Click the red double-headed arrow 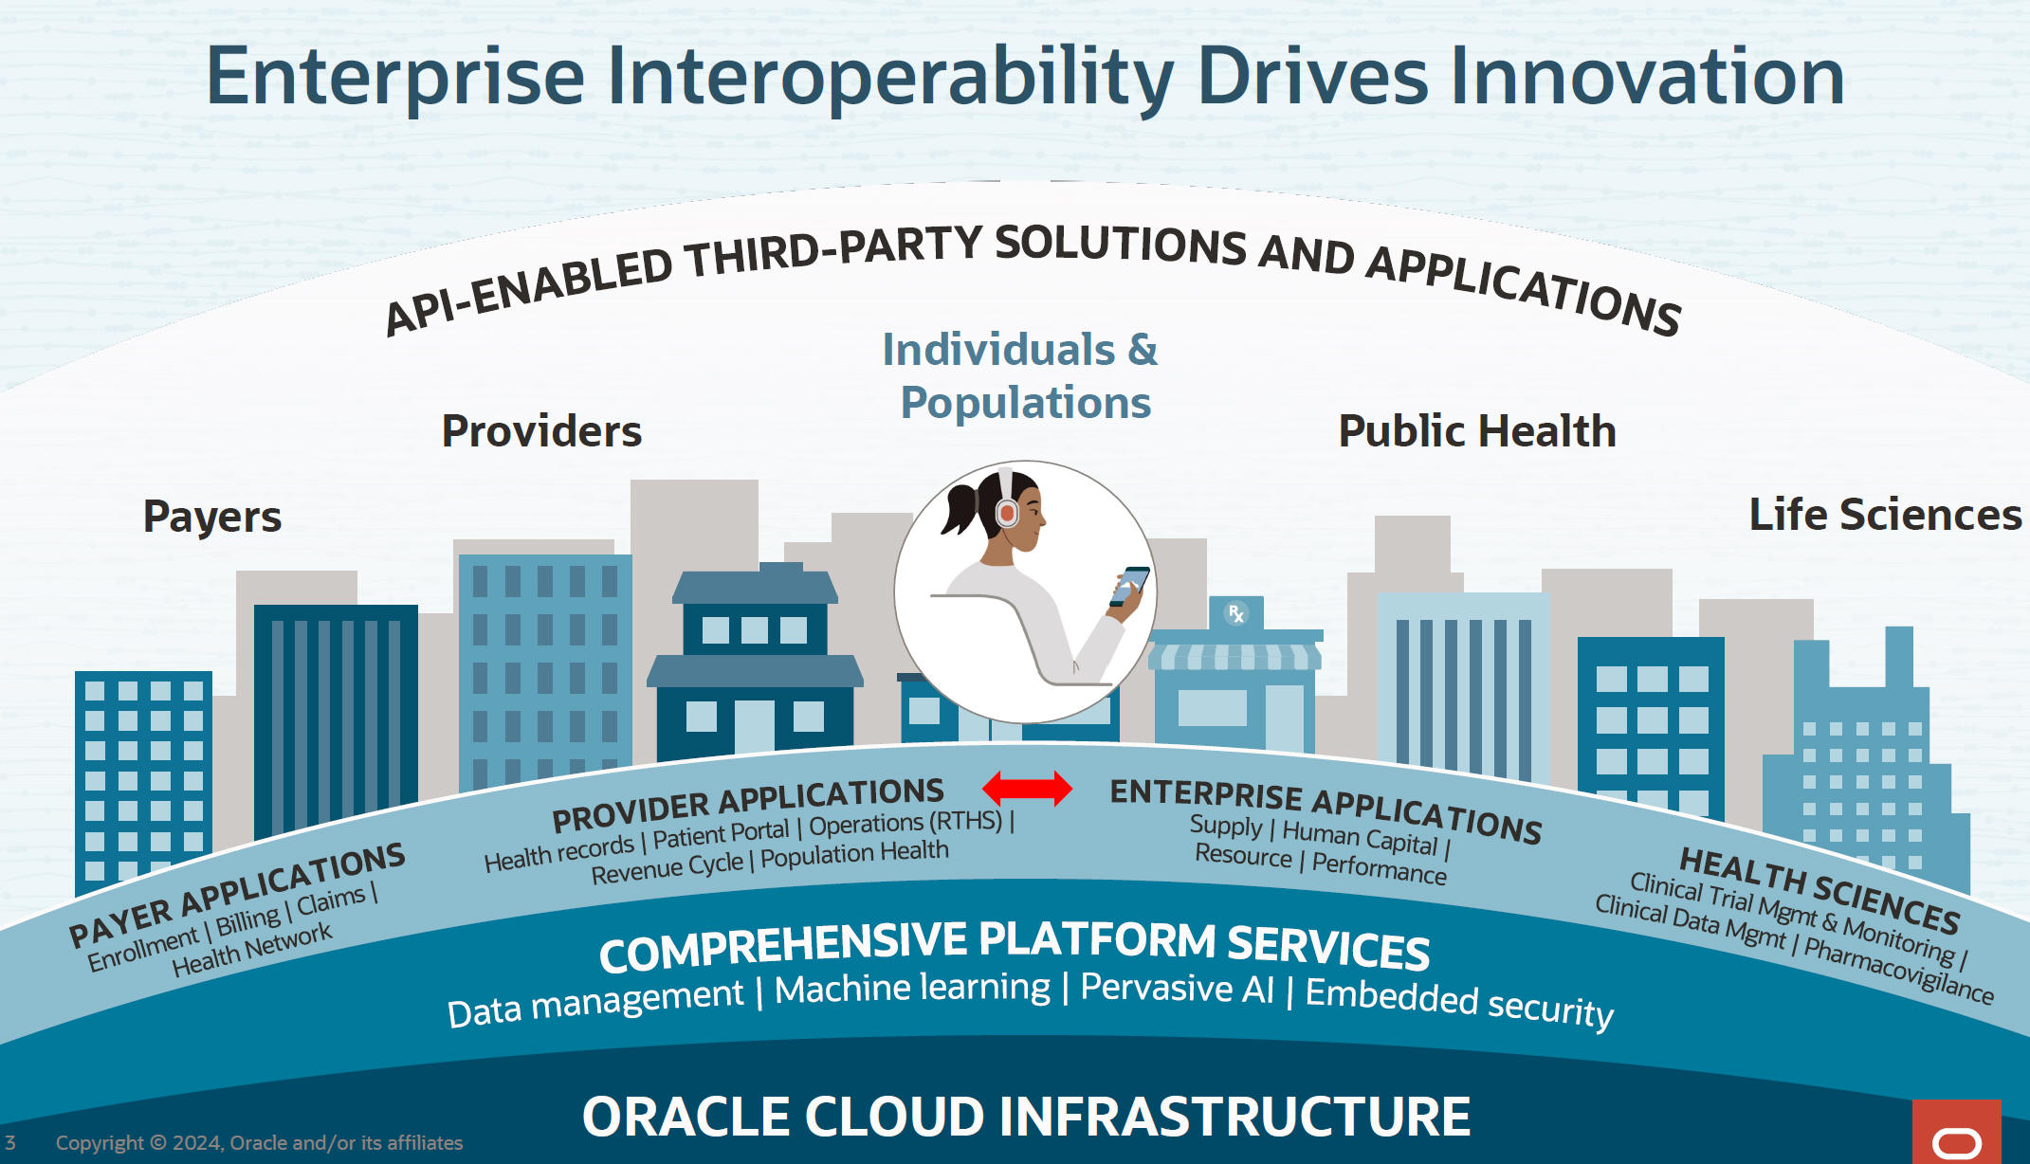point(1027,788)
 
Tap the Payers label point(212,517)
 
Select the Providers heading point(541,431)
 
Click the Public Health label point(1476,431)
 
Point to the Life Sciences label point(1885,515)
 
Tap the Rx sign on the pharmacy point(1235,613)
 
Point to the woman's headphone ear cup point(1007,513)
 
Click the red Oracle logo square point(1957,1132)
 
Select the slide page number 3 point(10,1142)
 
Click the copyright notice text point(259,1143)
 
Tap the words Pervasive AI point(1178,988)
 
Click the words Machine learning point(912,989)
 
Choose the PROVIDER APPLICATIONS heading point(748,804)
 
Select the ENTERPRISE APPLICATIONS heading point(1326,809)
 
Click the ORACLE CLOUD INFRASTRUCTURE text point(1026,1117)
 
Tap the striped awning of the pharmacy point(1234,657)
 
